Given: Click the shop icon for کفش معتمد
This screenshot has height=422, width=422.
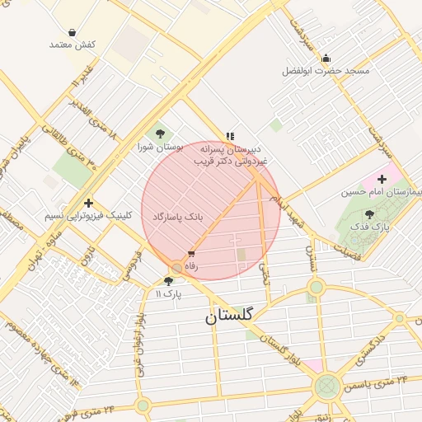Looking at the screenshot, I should tap(73, 32).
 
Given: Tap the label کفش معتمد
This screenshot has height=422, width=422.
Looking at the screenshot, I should tap(73, 44).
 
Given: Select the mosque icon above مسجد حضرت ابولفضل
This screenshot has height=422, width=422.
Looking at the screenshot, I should tap(326, 59).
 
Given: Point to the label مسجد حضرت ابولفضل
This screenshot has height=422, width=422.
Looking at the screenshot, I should tap(326, 72).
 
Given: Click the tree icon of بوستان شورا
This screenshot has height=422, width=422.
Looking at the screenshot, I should tap(159, 134).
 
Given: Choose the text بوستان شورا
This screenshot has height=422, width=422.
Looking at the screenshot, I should tap(158, 147).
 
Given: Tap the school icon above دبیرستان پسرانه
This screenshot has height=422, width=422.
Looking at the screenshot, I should tap(230, 136).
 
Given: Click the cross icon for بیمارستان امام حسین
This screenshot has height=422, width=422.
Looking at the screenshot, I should tap(382, 179).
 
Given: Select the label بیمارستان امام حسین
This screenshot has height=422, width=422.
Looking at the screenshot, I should tap(382, 192).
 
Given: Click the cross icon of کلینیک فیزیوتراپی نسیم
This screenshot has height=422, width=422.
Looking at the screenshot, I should tap(88, 203).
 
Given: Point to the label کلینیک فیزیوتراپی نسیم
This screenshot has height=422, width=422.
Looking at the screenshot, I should tap(88, 215).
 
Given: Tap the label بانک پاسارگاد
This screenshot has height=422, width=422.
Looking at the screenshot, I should tap(177, 216).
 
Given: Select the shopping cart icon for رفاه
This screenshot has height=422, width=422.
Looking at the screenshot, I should tap(191, 254).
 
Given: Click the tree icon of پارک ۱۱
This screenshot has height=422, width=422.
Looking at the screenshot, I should tap(168, 280).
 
